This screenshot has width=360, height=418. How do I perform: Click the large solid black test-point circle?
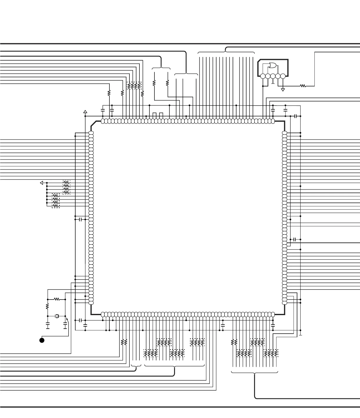42,340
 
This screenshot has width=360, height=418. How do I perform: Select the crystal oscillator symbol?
57,316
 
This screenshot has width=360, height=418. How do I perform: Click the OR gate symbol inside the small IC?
272,65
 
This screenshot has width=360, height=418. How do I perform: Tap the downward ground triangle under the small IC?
283,89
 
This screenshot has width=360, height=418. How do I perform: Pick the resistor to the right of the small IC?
303,86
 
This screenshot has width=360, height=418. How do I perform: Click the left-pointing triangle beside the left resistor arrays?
41,183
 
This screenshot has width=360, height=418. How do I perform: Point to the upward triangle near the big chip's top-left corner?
85,112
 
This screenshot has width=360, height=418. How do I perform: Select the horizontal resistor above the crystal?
57,299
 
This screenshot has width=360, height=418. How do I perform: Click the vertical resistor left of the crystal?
47,307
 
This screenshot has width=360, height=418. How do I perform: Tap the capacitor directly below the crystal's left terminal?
48,325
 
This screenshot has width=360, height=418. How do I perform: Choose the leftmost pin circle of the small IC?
263,76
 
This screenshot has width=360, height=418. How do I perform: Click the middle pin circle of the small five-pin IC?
273,76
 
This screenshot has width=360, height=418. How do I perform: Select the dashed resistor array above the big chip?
134,86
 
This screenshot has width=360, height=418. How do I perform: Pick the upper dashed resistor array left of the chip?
66,187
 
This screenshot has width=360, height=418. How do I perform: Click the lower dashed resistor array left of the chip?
56,201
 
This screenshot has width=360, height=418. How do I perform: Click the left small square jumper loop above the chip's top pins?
155,114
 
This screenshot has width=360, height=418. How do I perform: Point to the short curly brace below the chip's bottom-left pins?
136,366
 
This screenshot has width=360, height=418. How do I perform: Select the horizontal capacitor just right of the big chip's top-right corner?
296,116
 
